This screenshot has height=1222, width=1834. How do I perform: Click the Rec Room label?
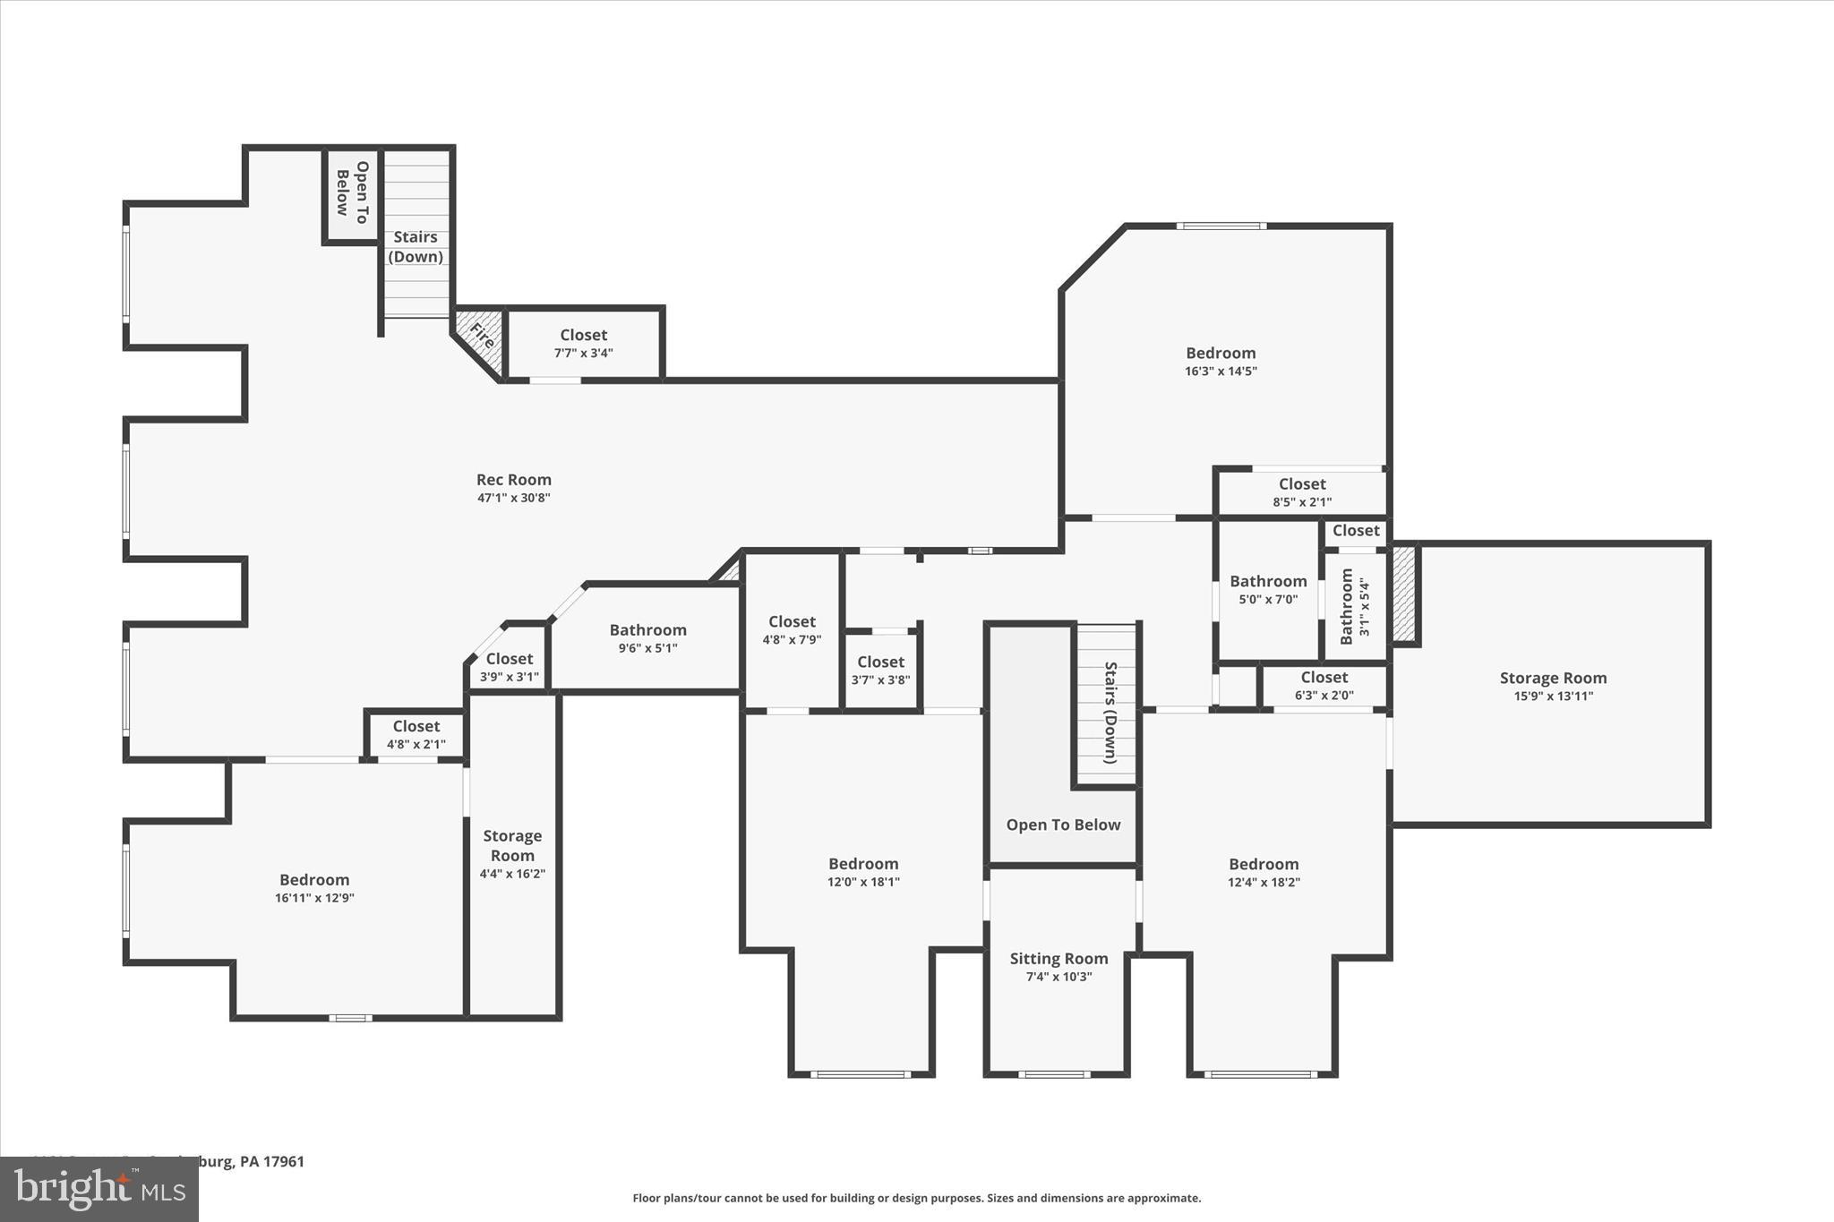click(513, 480)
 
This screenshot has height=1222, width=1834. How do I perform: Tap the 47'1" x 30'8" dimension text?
click(513, 499)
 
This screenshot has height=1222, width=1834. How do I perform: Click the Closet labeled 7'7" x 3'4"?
click(583, 343)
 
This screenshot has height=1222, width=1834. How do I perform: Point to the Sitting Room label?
click(1058, 959)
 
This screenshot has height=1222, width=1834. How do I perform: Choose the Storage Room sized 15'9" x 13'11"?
click(1553, 686)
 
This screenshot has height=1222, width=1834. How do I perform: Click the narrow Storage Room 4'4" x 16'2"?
click(512, 854)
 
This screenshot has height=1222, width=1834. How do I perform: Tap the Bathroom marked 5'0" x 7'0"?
click(1267, 589)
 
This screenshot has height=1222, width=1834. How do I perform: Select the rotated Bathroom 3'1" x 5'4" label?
click(1353, 606)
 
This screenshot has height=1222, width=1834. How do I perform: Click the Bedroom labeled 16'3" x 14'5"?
click(1221, 361)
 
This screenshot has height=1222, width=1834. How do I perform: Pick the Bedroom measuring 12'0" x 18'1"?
click(863, 872)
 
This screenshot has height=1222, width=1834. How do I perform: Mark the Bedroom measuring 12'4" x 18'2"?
click(1264, 872)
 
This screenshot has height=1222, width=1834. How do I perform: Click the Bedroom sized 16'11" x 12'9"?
click(314, 888)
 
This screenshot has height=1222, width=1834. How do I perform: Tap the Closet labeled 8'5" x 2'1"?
click(1302, 492)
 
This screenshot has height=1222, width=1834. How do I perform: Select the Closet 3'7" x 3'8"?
click(880, 670)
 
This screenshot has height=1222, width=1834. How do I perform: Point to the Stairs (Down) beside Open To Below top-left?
click(416, 246)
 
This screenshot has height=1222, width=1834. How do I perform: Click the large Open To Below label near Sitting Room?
click(1063, 825)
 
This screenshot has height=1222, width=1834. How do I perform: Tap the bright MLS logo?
click(99, 1189)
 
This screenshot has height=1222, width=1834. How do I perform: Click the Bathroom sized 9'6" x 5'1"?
click(647, 638)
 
